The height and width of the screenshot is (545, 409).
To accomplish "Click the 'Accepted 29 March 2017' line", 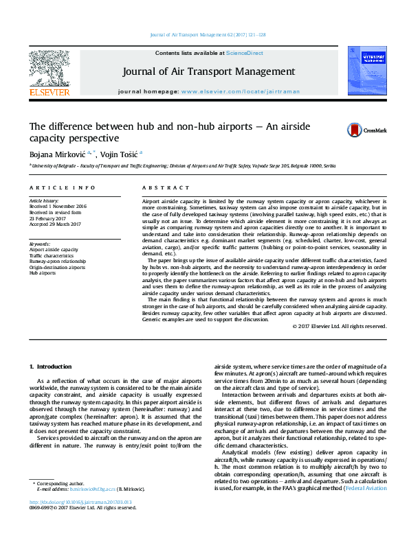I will [x=55, y=223].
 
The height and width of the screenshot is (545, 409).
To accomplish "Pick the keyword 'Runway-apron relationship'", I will [x=58, y=262].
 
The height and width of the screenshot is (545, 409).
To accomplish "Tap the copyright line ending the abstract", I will [x=340, y=327].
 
